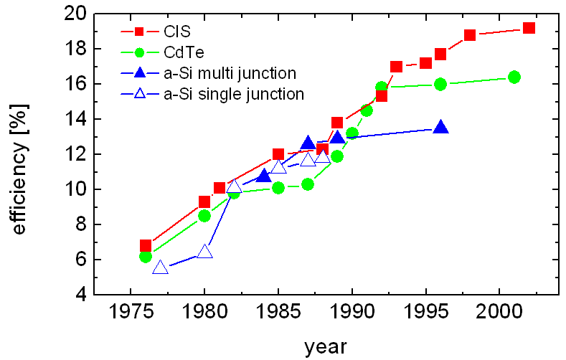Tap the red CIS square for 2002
529,28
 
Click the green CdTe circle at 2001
514,77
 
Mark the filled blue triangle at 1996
440,128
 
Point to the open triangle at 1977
160,267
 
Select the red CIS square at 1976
146,245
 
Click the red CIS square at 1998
470,35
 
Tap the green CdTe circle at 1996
440,84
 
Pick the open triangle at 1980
204,252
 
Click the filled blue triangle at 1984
263,176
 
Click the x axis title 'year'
325,347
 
